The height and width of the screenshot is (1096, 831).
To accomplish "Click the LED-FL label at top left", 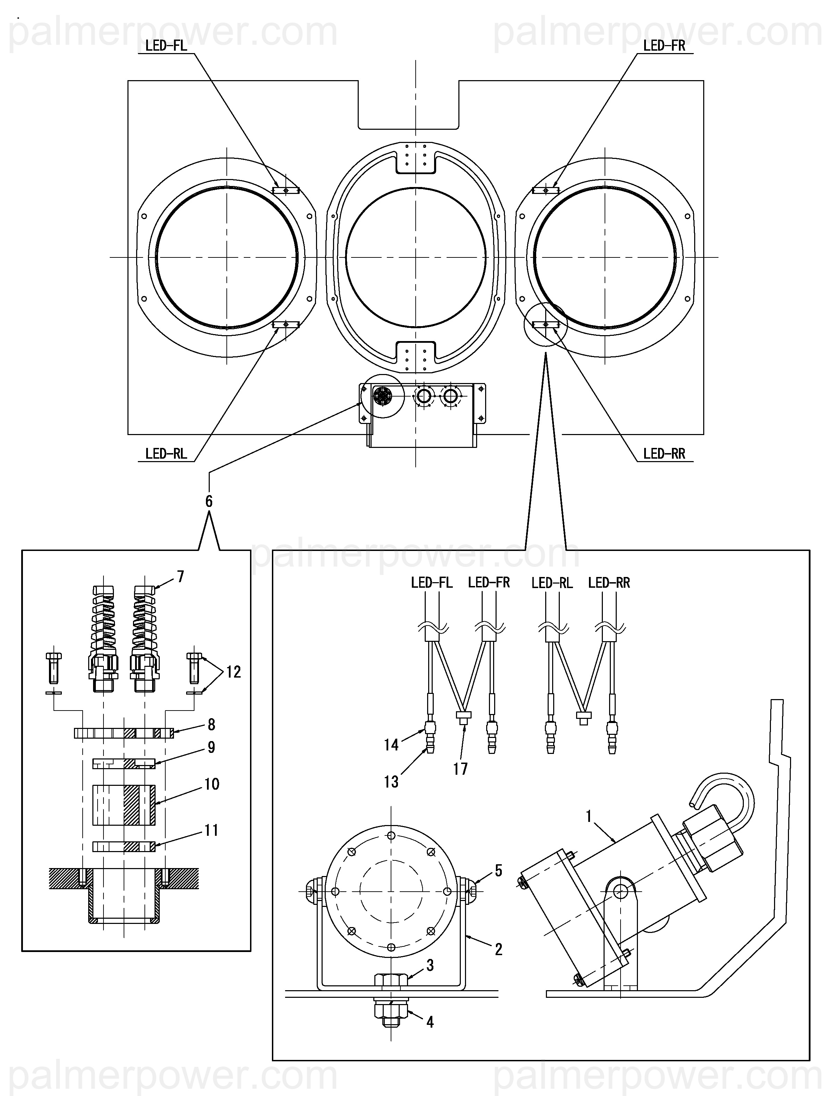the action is coord(166,45).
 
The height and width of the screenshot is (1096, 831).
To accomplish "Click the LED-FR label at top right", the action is coord(664,45).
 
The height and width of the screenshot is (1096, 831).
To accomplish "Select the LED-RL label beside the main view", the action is coord(166,453).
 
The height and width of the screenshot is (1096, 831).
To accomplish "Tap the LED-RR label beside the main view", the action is coord(664,453).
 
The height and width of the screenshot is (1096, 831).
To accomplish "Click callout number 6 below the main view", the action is coord(209,501).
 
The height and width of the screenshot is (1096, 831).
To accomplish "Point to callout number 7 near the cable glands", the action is coord(181,576).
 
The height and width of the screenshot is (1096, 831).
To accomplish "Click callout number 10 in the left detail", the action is coord(212,784).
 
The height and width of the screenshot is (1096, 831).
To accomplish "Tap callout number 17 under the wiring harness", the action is coord(460,768).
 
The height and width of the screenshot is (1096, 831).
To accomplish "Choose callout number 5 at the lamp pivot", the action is coord(498,870).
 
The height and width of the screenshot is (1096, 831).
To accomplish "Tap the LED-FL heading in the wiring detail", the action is coord(432,583).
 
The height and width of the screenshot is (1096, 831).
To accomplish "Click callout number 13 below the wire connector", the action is coord(391,782).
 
